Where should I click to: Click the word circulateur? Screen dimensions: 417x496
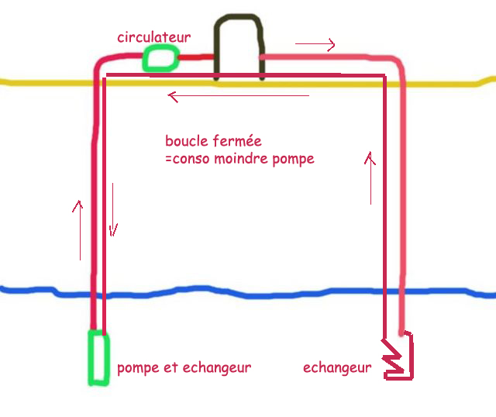tap(153, 37)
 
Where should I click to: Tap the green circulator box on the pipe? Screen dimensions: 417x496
tap(160, 58)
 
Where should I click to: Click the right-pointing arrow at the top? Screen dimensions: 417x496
tap(315, 45)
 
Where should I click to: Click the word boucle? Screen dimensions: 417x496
tap(187, 142)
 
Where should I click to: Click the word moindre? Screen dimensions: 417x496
tap(242, 159)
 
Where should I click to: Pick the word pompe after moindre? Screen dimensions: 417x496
tap(294, 160)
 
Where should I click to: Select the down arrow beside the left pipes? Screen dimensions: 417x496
tap(113, 209)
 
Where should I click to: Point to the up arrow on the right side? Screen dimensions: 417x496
tap(371, 178)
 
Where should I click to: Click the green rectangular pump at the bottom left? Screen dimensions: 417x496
tap(98, 357)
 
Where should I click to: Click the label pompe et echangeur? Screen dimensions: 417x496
tap(184, 367)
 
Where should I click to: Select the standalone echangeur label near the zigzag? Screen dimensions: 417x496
tap(337, 367)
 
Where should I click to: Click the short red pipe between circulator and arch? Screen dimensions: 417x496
tap(196, 57)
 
